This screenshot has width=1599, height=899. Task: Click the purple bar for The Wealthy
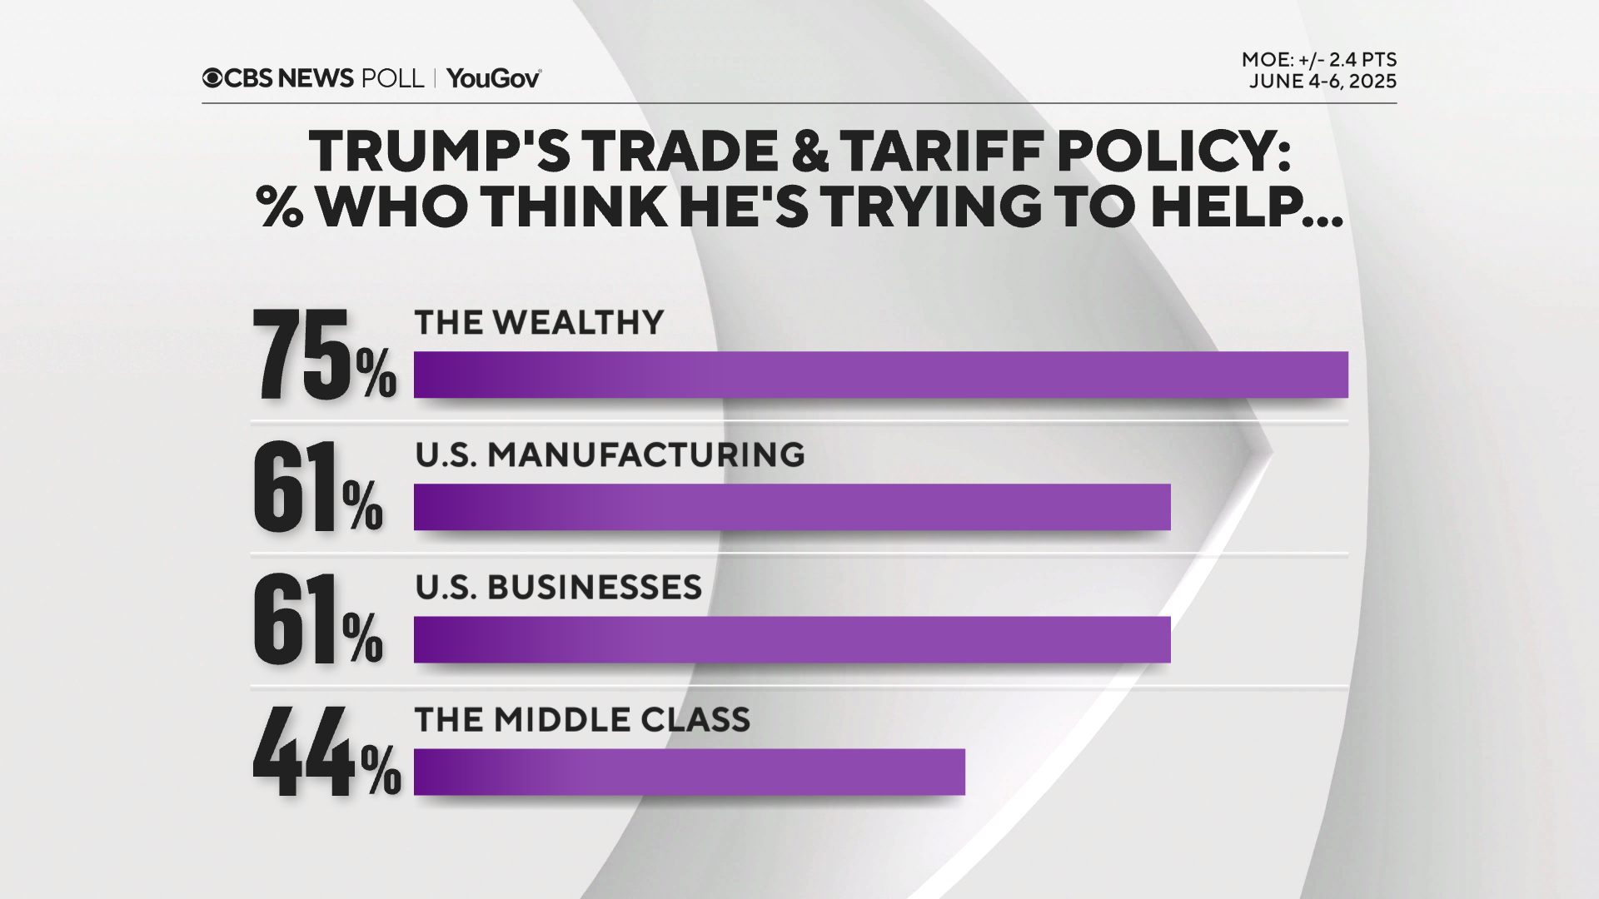pyautogui.click(x=880, y=375)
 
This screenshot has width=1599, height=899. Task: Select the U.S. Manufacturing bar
pyautogui.click(x=791, y=507)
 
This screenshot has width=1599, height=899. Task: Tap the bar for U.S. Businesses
pyautogui.click(x=791, y=639)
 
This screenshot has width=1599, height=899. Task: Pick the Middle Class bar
pyautogui.click(x=689, y=772)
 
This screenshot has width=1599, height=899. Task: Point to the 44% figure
pyautogui.click(x=326, y=752)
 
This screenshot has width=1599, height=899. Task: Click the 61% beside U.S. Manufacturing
pyautogui.click(x=317, y=488)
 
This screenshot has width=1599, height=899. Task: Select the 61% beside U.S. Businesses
pyautogui.click(x=317, y=620)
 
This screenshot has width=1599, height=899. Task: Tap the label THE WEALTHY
pyautogui.click(x=539, y=323)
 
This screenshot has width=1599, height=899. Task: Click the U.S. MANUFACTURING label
pyautogui.click(x=610, y=455)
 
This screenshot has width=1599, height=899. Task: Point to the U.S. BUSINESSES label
pyautogui.click(x=558, y=588)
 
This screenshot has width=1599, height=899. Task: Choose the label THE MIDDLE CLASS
pyautogui.click(x=582, y=720)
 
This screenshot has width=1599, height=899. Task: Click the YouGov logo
pyautogui.click(x=494, y=78)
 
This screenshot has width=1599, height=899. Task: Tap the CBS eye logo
pyautogui.click(x=212, y=78)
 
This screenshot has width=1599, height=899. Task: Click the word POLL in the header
pyautogui.click(x=392, y=78)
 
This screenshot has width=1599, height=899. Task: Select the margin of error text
pyautogui.click(x=1318, y=60)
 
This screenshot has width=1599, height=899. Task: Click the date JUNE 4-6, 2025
pyautogui.click(x=1322, y=82)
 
